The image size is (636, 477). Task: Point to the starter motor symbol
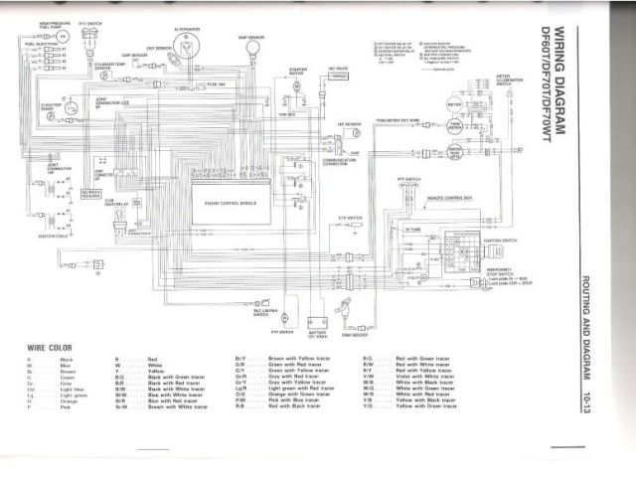click(296, 86)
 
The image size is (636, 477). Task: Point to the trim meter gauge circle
click(454, 126)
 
